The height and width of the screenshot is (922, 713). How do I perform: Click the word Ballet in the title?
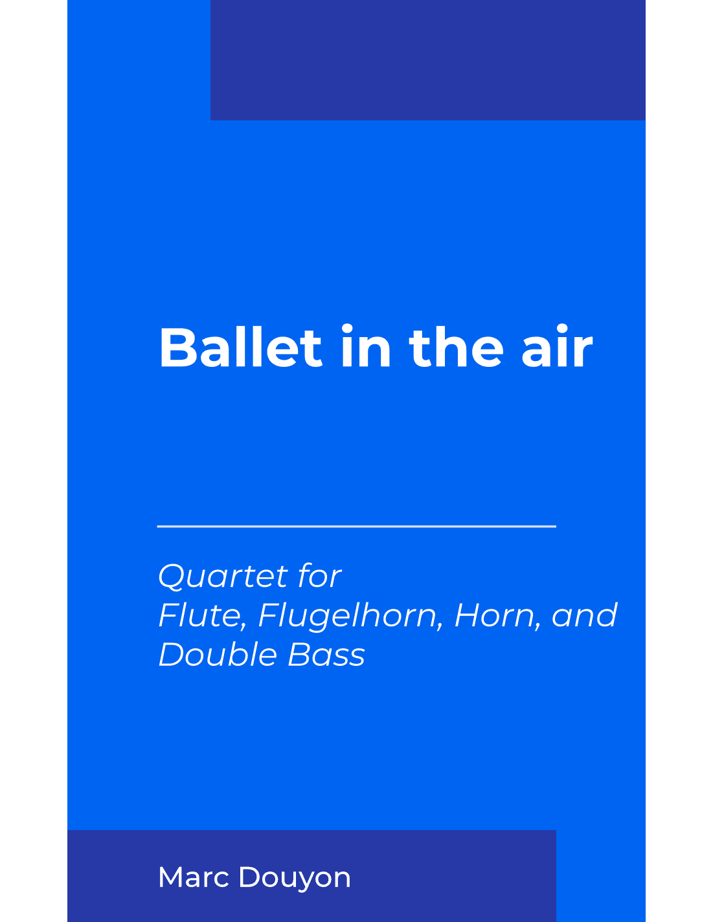240,348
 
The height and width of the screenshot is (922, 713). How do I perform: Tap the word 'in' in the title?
366,348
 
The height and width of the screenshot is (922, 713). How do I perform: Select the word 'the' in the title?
456,348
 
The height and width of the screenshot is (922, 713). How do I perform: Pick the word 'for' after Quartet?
319,576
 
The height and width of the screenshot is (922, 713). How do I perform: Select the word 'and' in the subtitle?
584,615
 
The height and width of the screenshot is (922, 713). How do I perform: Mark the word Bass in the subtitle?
326,655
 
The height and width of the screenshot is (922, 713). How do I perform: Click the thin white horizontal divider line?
356,527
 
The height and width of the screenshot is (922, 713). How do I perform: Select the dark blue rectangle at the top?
427,60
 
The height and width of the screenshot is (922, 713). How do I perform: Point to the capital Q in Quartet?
171,576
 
